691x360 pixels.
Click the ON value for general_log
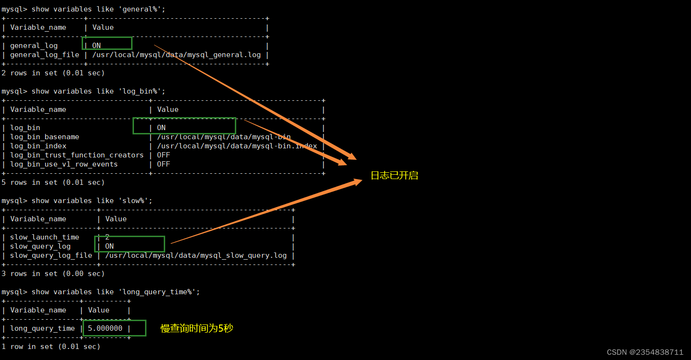[x=97, y=46]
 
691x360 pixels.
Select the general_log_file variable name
[x=44, y=55]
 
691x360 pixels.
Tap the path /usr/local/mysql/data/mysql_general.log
[x=176, y=55]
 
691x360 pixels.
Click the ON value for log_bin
[x=161, y=128]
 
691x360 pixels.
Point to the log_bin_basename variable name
[x=44, y=137]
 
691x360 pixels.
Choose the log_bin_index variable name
[x=38, y=146]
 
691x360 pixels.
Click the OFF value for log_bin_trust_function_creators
[x=163, y=155]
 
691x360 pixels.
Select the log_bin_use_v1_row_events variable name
[x=63, y=164]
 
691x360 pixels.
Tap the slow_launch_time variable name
[x=44, y=237]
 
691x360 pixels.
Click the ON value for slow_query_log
[x=109, y=246]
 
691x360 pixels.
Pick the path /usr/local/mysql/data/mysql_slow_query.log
[x=195, y=255]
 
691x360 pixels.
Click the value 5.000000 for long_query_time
[x=105, y=328]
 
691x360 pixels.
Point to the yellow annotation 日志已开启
[x=394, y=176]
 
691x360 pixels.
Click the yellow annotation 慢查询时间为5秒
[x=197, y=328]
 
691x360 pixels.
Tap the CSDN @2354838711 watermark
[x=645, y=352]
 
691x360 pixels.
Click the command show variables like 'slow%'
[x=92, y=201]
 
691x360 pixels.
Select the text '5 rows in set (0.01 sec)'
[x=53, y=182]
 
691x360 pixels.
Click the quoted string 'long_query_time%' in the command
[x=159, y=292]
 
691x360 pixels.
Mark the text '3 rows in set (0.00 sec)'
[x=53, y=274]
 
